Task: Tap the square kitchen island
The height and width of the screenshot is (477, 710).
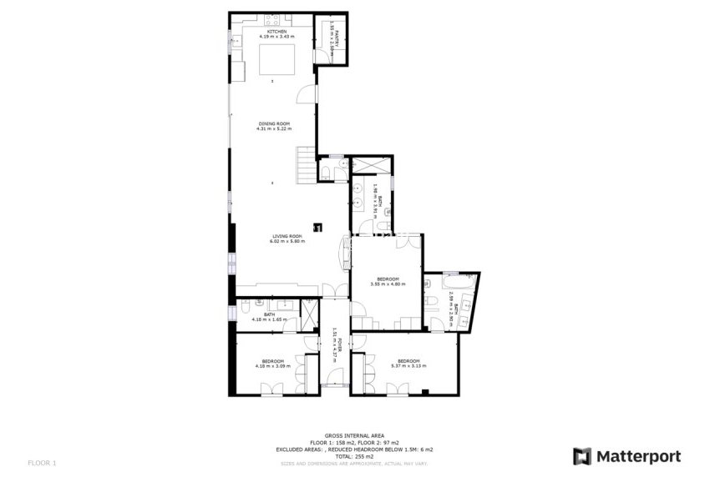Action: pyautogui.click(x=272, y=61)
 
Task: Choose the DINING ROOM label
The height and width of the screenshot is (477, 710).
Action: pyautogui.click(x=272, y=124)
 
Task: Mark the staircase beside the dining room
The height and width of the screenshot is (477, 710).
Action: pyautogui.click(x=307, y=164)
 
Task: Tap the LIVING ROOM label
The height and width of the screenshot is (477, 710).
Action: pyautogui.click(x=287, y=236)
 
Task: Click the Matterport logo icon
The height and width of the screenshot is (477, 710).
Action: pyautogui.click(x=582, y=456)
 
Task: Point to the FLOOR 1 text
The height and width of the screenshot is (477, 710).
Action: pyautogui.click(x=42, y=462)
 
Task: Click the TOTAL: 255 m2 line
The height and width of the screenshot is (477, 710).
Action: pyautogui.click(x=354, y=455)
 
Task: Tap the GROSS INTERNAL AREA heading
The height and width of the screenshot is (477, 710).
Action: pyautogui.click(x=354, y=435)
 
